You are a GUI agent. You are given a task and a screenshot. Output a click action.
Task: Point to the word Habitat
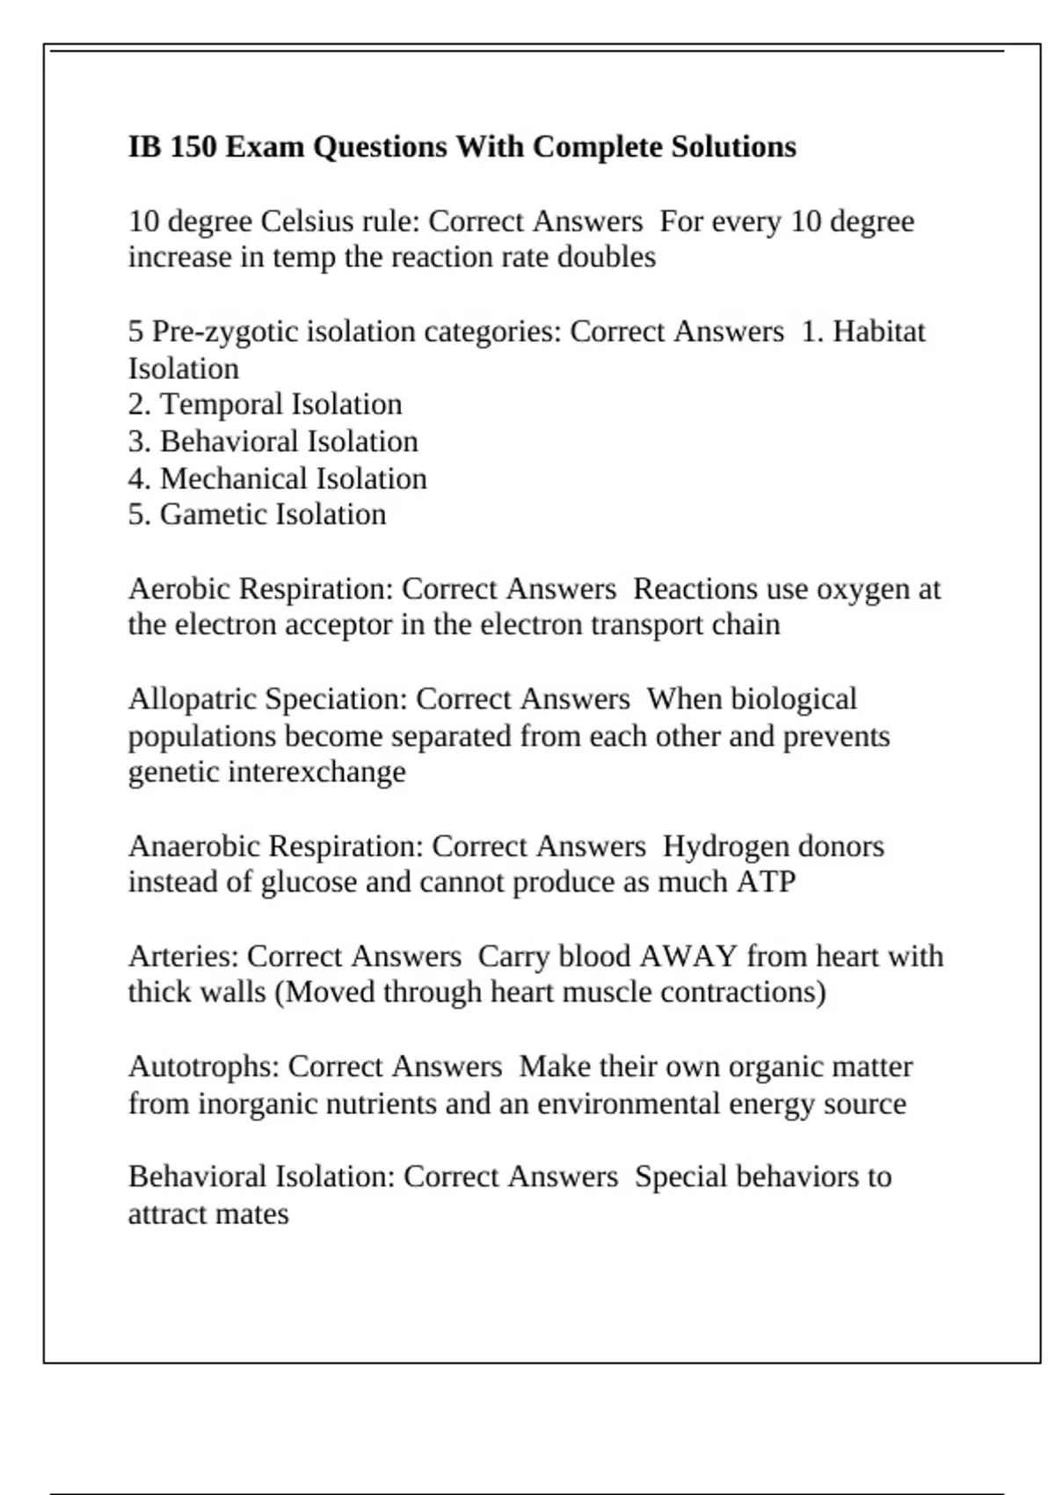click(878, 332)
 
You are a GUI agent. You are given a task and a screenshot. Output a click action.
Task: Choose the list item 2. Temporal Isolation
click(265, 405)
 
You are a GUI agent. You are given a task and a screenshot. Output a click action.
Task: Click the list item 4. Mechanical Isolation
click(277, 478)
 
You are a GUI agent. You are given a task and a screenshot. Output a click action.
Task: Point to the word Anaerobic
click(194, 846)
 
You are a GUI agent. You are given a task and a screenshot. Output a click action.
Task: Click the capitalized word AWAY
click(688, 956)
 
